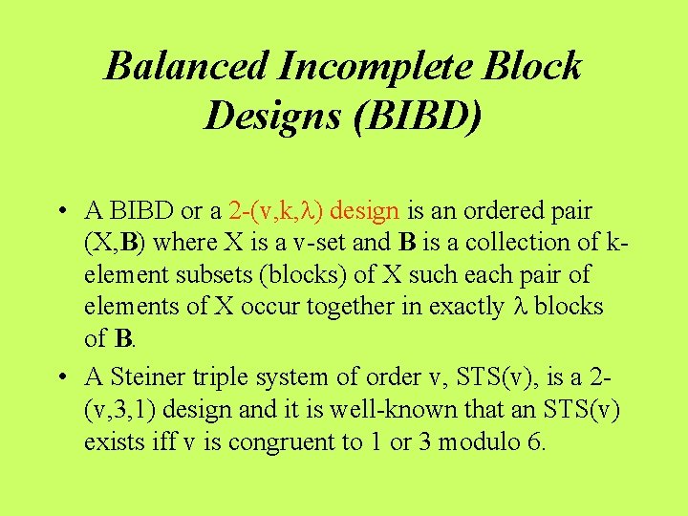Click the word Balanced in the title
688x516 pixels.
[186, 67]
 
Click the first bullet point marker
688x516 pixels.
[60, 210]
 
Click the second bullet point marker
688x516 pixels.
[60, 379]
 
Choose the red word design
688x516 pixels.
[369, 209]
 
